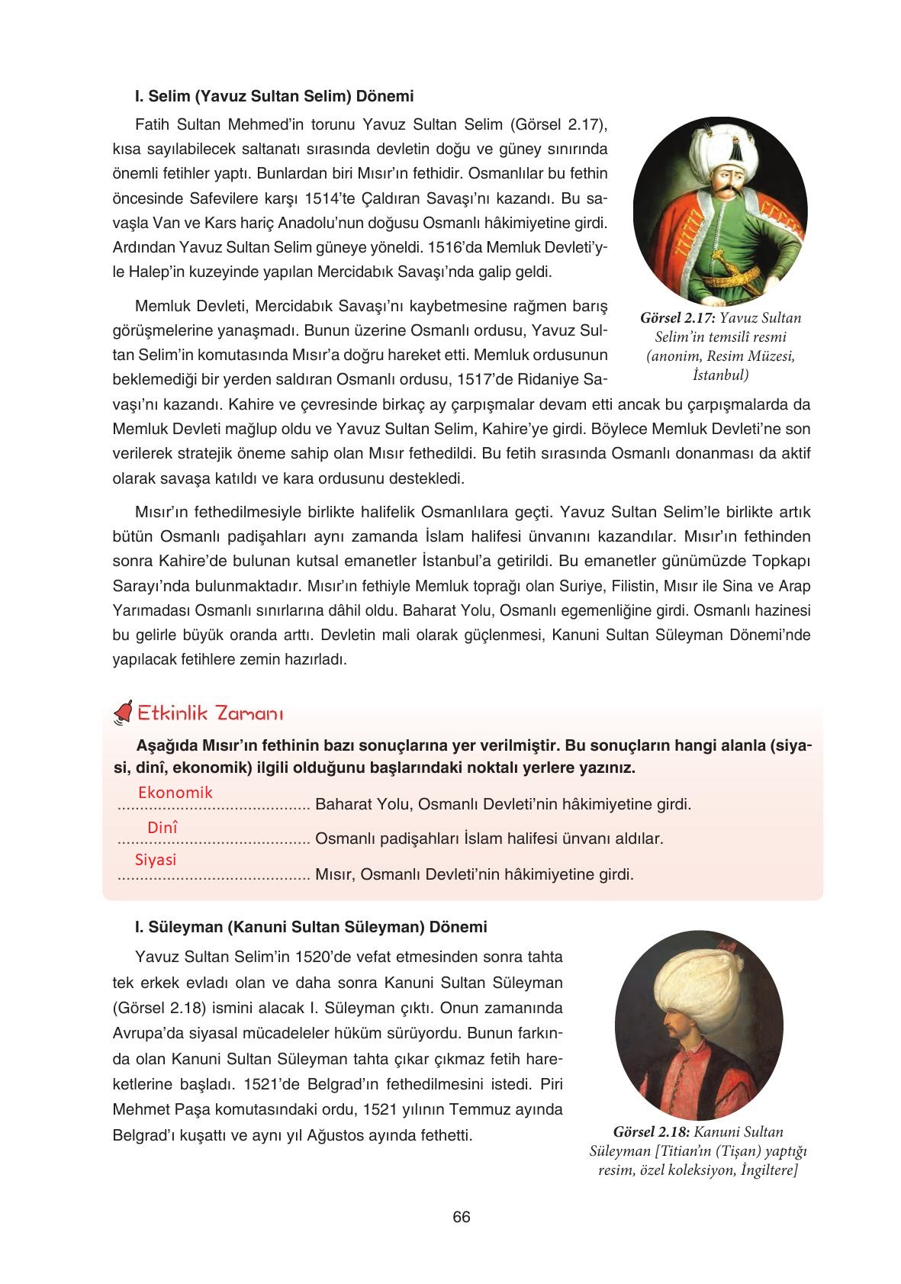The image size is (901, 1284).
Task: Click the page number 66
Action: point(461,1217)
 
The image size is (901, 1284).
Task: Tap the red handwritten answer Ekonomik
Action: point(175,793)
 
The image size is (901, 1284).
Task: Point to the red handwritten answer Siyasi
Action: point(156,860)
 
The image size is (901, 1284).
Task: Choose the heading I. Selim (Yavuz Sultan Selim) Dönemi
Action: point(274,97)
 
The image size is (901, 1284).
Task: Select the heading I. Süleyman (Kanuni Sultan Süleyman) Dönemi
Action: point(311,927)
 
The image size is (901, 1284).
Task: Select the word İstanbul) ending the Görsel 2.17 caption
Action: point(721,375)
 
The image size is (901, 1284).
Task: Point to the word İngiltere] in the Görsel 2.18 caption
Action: point(768,1171)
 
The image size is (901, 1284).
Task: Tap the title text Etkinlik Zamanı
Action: point(210,713)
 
